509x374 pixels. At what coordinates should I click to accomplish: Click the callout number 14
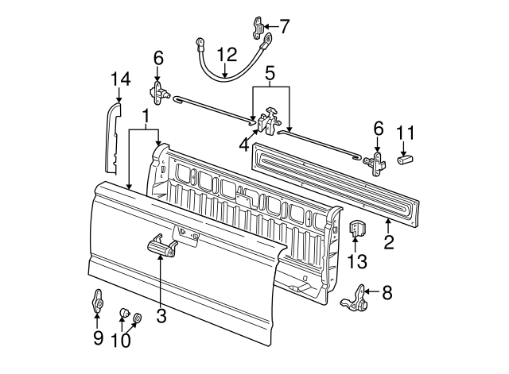tap(121, 79)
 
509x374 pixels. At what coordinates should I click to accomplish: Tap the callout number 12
tap(227, 55)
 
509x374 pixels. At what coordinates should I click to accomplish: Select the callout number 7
tap(284, 26)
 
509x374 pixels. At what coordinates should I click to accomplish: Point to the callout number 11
tap(406, 133)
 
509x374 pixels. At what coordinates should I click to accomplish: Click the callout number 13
tap(357, 261)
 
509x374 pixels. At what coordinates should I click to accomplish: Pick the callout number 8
tap(387, 292)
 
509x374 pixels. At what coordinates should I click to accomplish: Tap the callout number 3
tap(161, 315)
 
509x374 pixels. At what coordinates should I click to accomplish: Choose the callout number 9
tap(98, 338)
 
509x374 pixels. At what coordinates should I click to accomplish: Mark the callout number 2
tap(389, 241)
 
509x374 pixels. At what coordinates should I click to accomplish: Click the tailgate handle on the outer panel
tap(162, 245)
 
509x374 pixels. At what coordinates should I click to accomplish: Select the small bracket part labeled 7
tap(257, 28)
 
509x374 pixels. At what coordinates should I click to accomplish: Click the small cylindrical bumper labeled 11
tap(405, 159)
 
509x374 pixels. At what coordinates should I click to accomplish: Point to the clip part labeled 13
tap(357, 228)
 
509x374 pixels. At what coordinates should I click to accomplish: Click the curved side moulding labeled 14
tap(113, 137)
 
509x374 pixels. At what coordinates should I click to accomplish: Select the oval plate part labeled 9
tap(98, 301)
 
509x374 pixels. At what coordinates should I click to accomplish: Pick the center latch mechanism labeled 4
tap(269, 121)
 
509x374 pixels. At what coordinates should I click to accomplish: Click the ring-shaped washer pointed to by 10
tap(138, 318)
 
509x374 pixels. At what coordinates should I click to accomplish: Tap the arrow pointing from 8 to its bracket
tap(372, 291)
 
